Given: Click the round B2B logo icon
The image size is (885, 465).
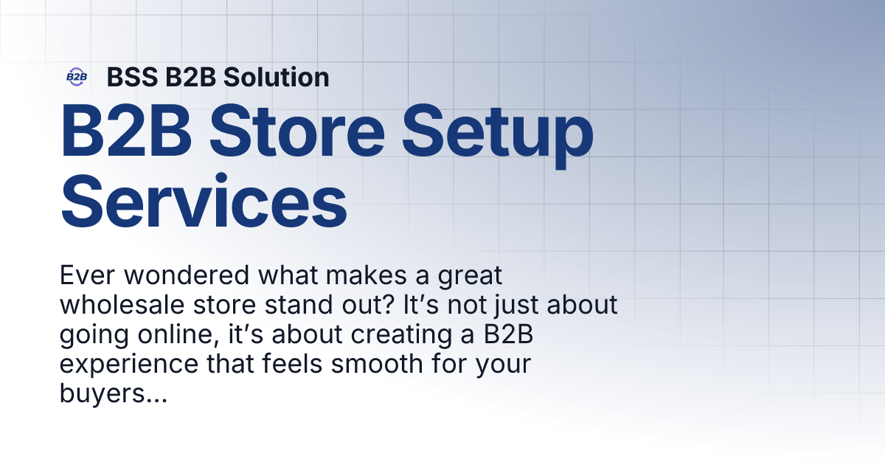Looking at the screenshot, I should point(77,77).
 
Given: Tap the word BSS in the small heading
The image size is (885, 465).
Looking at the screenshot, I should point(128,77).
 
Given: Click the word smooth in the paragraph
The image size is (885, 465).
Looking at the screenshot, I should point(351,364).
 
